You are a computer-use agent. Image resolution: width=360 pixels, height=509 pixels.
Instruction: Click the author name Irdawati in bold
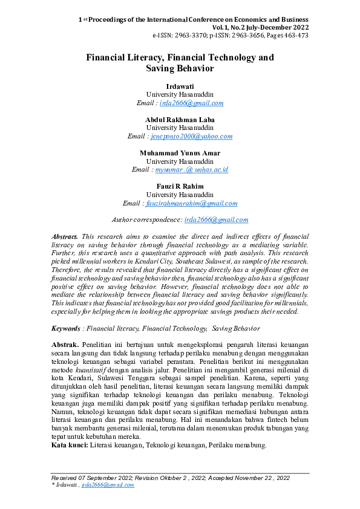pyautogui.click(x=180, y=86)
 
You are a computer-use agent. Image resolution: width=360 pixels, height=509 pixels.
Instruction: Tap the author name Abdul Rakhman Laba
pyautogui.click(x=180, y=120)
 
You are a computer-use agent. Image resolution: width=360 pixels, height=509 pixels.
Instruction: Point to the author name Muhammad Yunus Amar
pyautogui.click(x=180, y=154)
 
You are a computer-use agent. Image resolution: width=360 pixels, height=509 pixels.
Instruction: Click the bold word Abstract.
pyautogui.click(x=65, y=236)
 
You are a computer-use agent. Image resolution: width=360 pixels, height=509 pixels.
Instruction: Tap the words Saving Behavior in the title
pyautogui.click(x=180, y=69)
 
